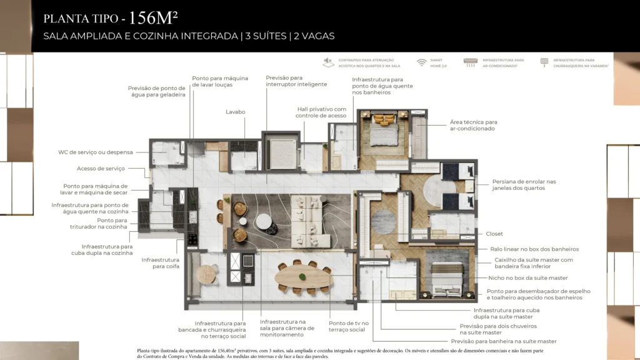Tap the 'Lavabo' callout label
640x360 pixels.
(x=236, y=112)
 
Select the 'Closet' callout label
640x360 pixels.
(x=494, y=234)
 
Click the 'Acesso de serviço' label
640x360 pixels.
(x=101, y=168)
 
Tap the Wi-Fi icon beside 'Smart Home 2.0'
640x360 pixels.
(x=422, y=62)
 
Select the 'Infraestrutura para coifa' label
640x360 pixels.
(x=161, y=262)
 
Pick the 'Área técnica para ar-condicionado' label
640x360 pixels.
(x=473, y=125)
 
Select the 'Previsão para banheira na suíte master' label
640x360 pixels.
(x=508, y=341)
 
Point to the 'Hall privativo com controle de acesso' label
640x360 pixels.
(x=322, y=112)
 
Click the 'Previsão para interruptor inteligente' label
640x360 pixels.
(x=284, y=81)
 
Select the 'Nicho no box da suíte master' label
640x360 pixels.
(x=527, y=277)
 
